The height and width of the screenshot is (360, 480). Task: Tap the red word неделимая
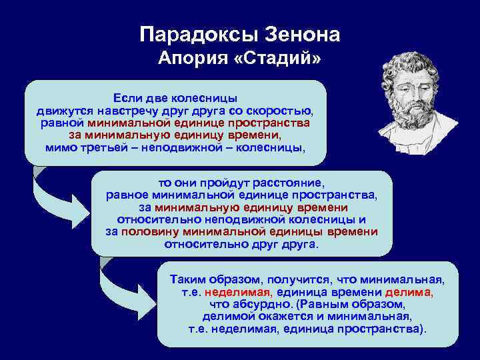(x=239, y=292)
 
